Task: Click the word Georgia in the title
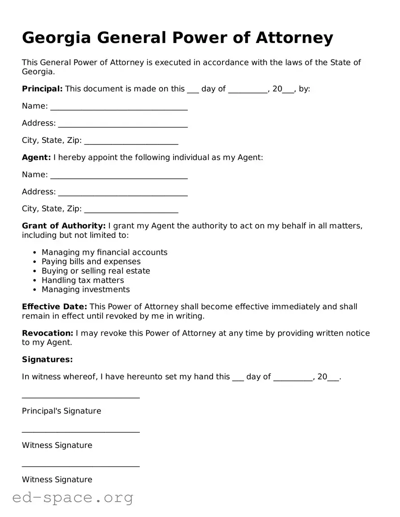(56, 38)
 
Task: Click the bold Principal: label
(42, 89)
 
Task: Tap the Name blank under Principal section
(119, 107)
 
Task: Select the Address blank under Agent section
(123, 193)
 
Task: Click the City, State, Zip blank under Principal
(131, 142)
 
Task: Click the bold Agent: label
(36, 157)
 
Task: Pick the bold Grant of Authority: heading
(64, 226)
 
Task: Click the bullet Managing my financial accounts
(104, 252)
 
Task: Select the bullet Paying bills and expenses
(91, 262)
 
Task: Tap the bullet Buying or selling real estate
(96, 271)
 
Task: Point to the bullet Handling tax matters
(83, 280)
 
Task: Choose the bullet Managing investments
(86, 289)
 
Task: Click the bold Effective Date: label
(54, 307)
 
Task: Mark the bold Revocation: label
(48, 333)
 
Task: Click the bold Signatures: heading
(47, 359)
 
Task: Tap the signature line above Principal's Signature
(81, 396)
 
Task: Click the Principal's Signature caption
(61, 411)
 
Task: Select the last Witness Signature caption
(57, 479)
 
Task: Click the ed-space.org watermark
(73, 497)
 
